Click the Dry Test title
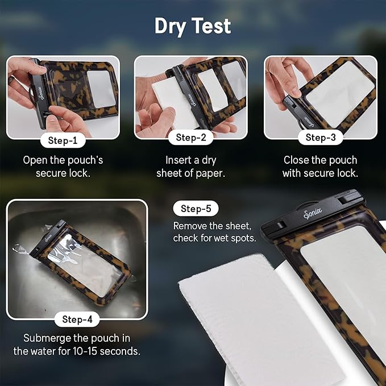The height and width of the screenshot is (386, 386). (x=193, y=26)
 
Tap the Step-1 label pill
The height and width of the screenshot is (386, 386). (x=63, y=140)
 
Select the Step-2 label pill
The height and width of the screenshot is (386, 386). (x=191, y=138)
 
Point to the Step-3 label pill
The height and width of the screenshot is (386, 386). (x=321, y=138)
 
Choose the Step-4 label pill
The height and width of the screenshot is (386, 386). (x=77, y=319)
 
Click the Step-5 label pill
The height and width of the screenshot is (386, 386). (x=196, y=209)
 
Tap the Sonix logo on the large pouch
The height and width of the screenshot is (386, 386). (x=313, y=213)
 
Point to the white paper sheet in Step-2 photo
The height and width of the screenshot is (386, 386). (x=172, y=103)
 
